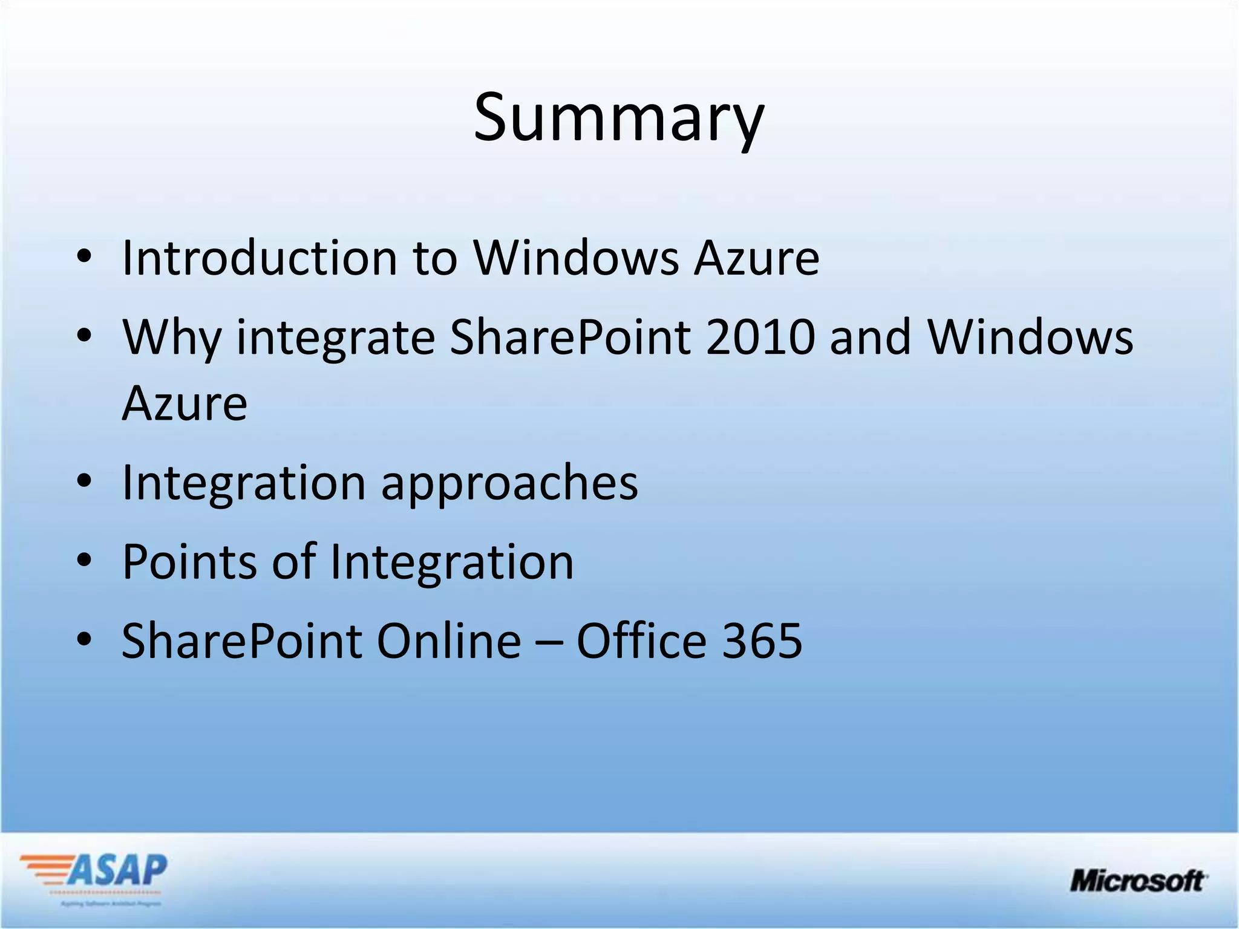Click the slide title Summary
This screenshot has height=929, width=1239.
click(x=618, y=118)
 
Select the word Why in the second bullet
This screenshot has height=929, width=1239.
click(x=171, y=337)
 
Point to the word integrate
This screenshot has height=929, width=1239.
click(x=335, y=339)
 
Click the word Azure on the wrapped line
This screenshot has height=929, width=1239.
click(x=185, y=403)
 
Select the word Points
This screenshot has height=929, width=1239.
click(x=189, y=562)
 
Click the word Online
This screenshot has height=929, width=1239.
click(x=448, y=641)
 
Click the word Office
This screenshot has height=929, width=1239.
click(x=641, y=641)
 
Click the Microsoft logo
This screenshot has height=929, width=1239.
click(x=1138, y=881)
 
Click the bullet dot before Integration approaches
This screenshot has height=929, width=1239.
click(x=84, y=482)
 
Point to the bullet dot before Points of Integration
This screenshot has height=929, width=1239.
click(x=84, y=561)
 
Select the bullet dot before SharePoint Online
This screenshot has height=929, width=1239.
click(x=84, y=640)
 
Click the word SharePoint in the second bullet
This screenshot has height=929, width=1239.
click(x=570, y=337)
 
